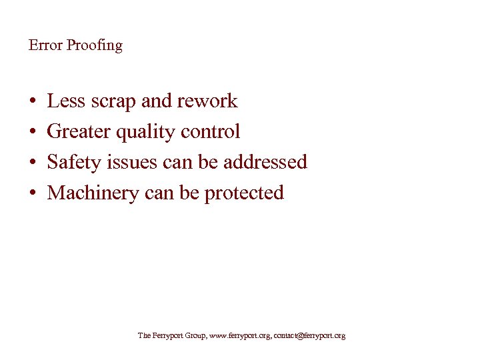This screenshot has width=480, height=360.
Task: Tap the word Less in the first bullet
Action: pyautogui.click(x=65, y=101)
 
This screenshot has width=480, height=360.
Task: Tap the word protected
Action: pyautogui.click(x=244, y=193)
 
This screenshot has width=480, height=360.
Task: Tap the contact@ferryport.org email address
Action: pyautogui.click(x=309, y=336)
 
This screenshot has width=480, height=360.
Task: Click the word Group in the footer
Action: pyautogui.click(x=193, y=336)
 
